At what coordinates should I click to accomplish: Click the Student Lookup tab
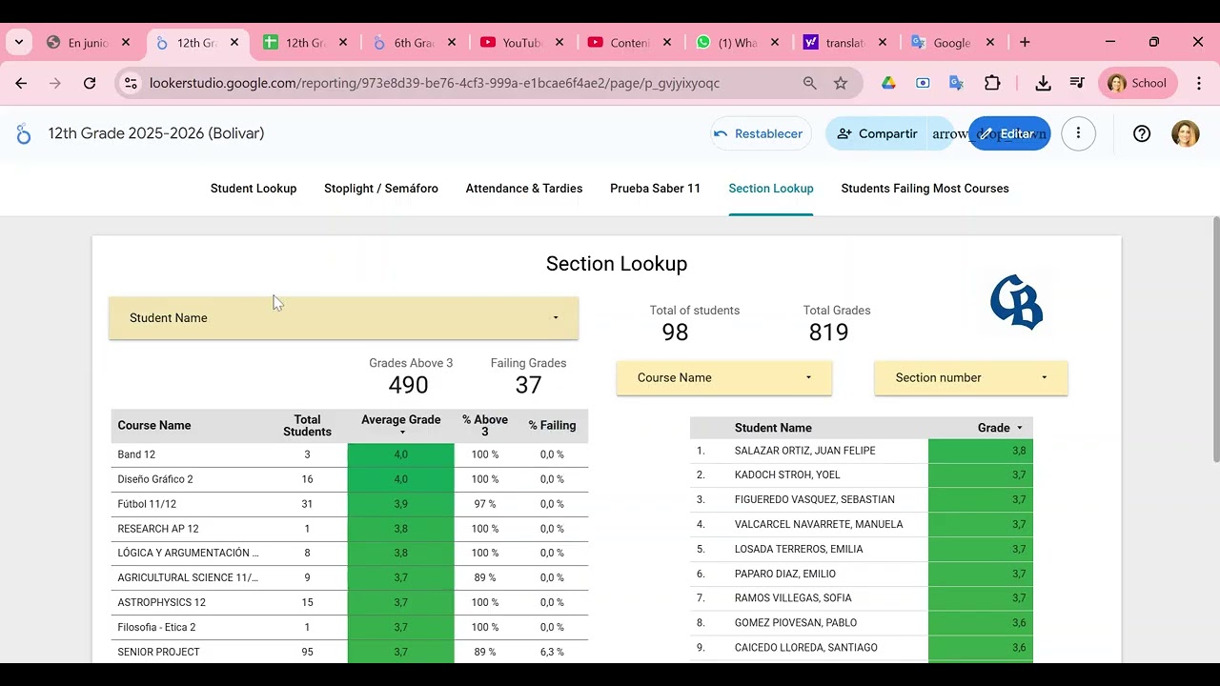254,189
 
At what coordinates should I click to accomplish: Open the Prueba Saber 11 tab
655,189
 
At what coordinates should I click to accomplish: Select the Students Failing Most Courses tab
925,189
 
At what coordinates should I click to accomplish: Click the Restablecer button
760,133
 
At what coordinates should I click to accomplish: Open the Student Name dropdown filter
343,318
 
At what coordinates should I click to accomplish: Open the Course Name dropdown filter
723,378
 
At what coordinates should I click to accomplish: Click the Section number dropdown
970,378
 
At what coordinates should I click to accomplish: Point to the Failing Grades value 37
528,385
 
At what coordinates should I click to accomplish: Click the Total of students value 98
675,333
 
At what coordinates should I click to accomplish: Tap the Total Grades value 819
828,333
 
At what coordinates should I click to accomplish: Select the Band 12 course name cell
136,455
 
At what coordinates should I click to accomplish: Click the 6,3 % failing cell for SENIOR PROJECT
552,653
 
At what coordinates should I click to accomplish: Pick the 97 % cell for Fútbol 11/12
484,504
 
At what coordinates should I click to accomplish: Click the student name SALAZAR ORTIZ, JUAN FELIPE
804,451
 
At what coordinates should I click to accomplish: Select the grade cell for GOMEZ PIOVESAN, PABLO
980,623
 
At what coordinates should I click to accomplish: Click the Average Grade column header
400,420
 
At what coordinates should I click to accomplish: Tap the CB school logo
1016,302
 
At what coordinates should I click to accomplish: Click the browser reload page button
90,84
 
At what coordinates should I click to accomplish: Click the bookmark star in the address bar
841,84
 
